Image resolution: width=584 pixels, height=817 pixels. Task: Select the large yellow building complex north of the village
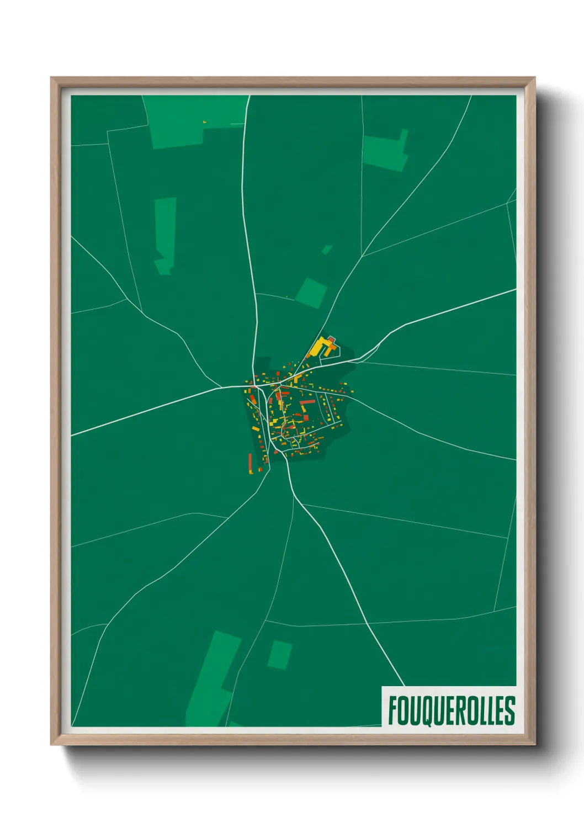(x=321, y=347)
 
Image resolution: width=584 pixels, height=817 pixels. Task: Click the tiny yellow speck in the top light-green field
(x=204, y=121)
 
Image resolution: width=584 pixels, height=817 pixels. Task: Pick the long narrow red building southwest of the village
(x=250, y=463)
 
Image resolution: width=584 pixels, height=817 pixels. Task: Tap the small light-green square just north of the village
(x=311, y=293)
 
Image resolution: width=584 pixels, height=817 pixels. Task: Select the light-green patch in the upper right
(x=386, y=152)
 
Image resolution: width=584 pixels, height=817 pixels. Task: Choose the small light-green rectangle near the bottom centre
(x=280, y=655)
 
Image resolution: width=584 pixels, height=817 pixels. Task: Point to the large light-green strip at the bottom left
(x=213, y=679)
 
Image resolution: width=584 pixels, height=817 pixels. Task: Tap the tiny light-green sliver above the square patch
(x=327, y=250)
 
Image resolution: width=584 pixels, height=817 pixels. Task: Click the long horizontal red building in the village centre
(x=307, y=402)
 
